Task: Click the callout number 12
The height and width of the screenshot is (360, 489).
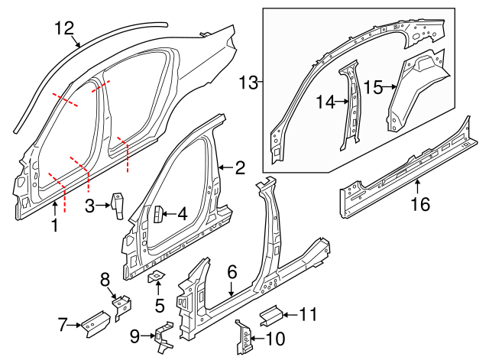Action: [64, 28]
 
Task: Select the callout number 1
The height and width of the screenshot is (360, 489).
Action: [54, 225]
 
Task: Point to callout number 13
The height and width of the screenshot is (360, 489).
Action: [249, 81]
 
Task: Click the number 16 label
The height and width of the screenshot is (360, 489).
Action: [420, 204]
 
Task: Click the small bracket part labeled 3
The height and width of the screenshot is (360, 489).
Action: [118, 206]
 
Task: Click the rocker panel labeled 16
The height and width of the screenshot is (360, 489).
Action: [405, 164]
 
